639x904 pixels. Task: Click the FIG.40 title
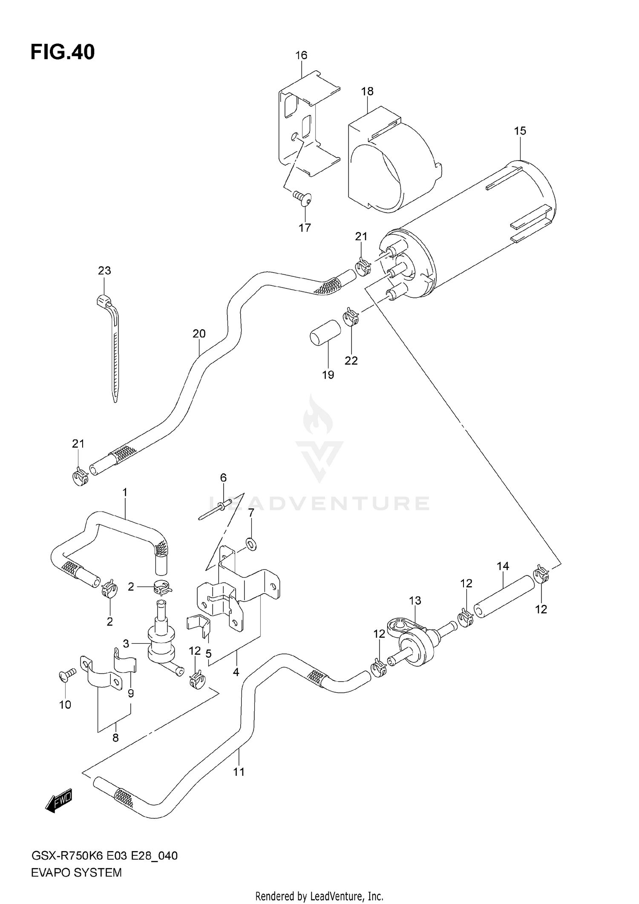click(63, 52)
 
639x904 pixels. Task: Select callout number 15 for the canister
click(520, 131)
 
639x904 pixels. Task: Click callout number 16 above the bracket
click(301, 55)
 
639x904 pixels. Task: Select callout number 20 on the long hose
click(199, 334)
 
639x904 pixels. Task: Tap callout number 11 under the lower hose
click(239, 772)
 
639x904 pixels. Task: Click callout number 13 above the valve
click(415, 601)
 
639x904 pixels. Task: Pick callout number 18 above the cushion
click(367, 91)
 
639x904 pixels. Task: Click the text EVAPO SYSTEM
click(77, 873)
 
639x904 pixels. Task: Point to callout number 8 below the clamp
click(115, 738)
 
